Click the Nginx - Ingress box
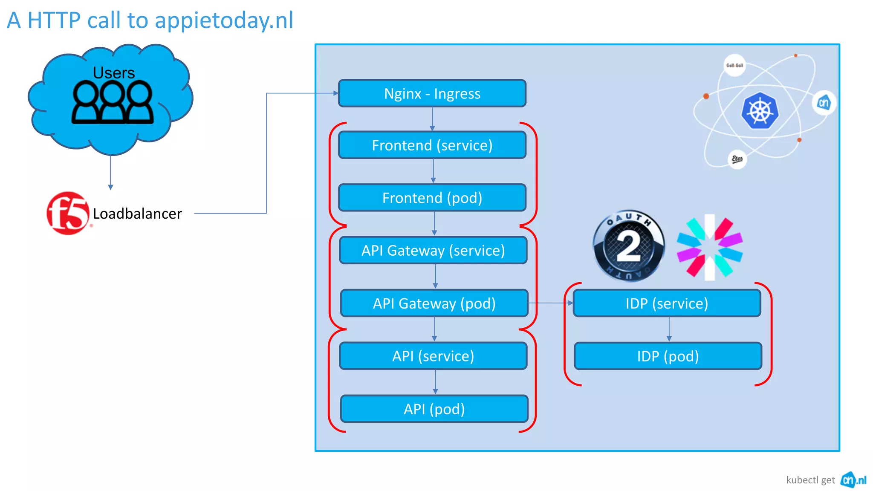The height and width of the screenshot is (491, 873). point(432,93)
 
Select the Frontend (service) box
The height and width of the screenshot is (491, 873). point(432,145)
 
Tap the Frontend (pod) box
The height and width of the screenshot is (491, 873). point(432,198)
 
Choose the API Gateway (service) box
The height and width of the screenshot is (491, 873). point(433,251)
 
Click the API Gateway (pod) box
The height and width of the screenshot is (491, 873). point(434,303)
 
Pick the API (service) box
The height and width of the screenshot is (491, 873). point(433,356)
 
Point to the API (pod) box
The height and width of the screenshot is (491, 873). point(434,409)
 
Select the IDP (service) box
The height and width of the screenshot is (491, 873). point(667,303)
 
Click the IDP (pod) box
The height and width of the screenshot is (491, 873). point(668,356)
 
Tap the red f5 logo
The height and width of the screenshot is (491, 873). point(68,213)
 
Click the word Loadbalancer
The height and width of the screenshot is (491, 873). point(137,214)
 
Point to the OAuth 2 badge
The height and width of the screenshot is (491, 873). point(628,246)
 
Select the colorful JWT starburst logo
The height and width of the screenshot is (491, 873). point(710,247)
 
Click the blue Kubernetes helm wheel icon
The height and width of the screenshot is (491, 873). point(760,111)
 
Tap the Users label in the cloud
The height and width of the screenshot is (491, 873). point(114,73)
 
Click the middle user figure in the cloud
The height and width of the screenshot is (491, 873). point(113,102)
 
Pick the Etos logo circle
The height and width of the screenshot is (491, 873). point(737,159)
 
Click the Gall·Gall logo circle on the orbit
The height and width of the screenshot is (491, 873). point(734,65)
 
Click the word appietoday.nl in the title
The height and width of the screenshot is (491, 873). point(224,20)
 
